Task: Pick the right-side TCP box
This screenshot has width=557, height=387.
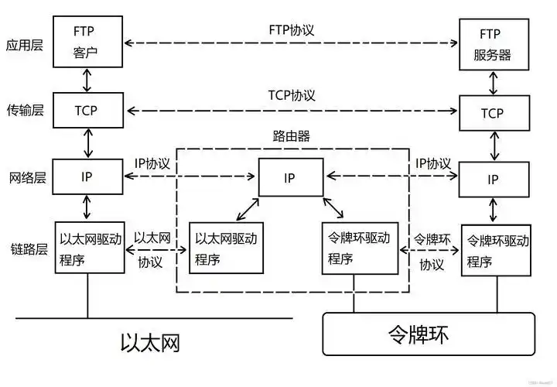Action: [493, 113]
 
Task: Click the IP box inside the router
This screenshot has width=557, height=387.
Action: [289, 177]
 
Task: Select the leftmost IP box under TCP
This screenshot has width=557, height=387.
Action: [89, 177]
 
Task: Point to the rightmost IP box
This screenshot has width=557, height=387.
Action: [493, 180]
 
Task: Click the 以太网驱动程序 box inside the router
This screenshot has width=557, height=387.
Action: [224, 248]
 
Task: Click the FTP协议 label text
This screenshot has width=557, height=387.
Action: [291, 29]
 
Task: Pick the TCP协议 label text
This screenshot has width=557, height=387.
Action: [291, 95]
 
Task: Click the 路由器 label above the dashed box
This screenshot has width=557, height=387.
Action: [291, 136]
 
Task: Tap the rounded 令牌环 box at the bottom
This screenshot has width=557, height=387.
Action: [428, 334]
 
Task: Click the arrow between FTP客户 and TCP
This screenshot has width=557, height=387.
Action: [89, 78]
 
